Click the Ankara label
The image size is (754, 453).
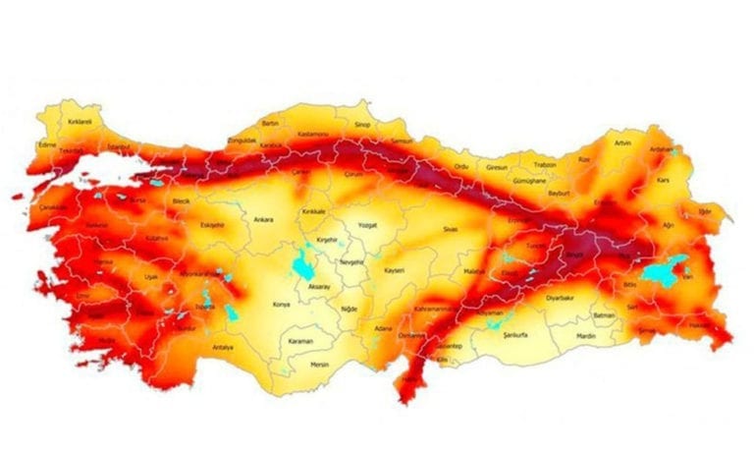tap(262, 219)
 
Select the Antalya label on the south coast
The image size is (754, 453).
tap(223, 347)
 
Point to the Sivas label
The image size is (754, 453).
tap(451, 228)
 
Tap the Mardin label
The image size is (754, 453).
tap(586, 336)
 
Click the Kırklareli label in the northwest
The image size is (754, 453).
tap(80, 122)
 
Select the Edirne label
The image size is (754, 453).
tap(47, 144)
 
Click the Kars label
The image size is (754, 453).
tap(664, 181)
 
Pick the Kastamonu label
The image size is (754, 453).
tap(314, 131)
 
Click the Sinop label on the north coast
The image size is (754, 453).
tap(362, 126)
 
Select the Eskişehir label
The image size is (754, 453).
tap(212, 224)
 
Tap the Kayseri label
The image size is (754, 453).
tap(394, 269)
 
